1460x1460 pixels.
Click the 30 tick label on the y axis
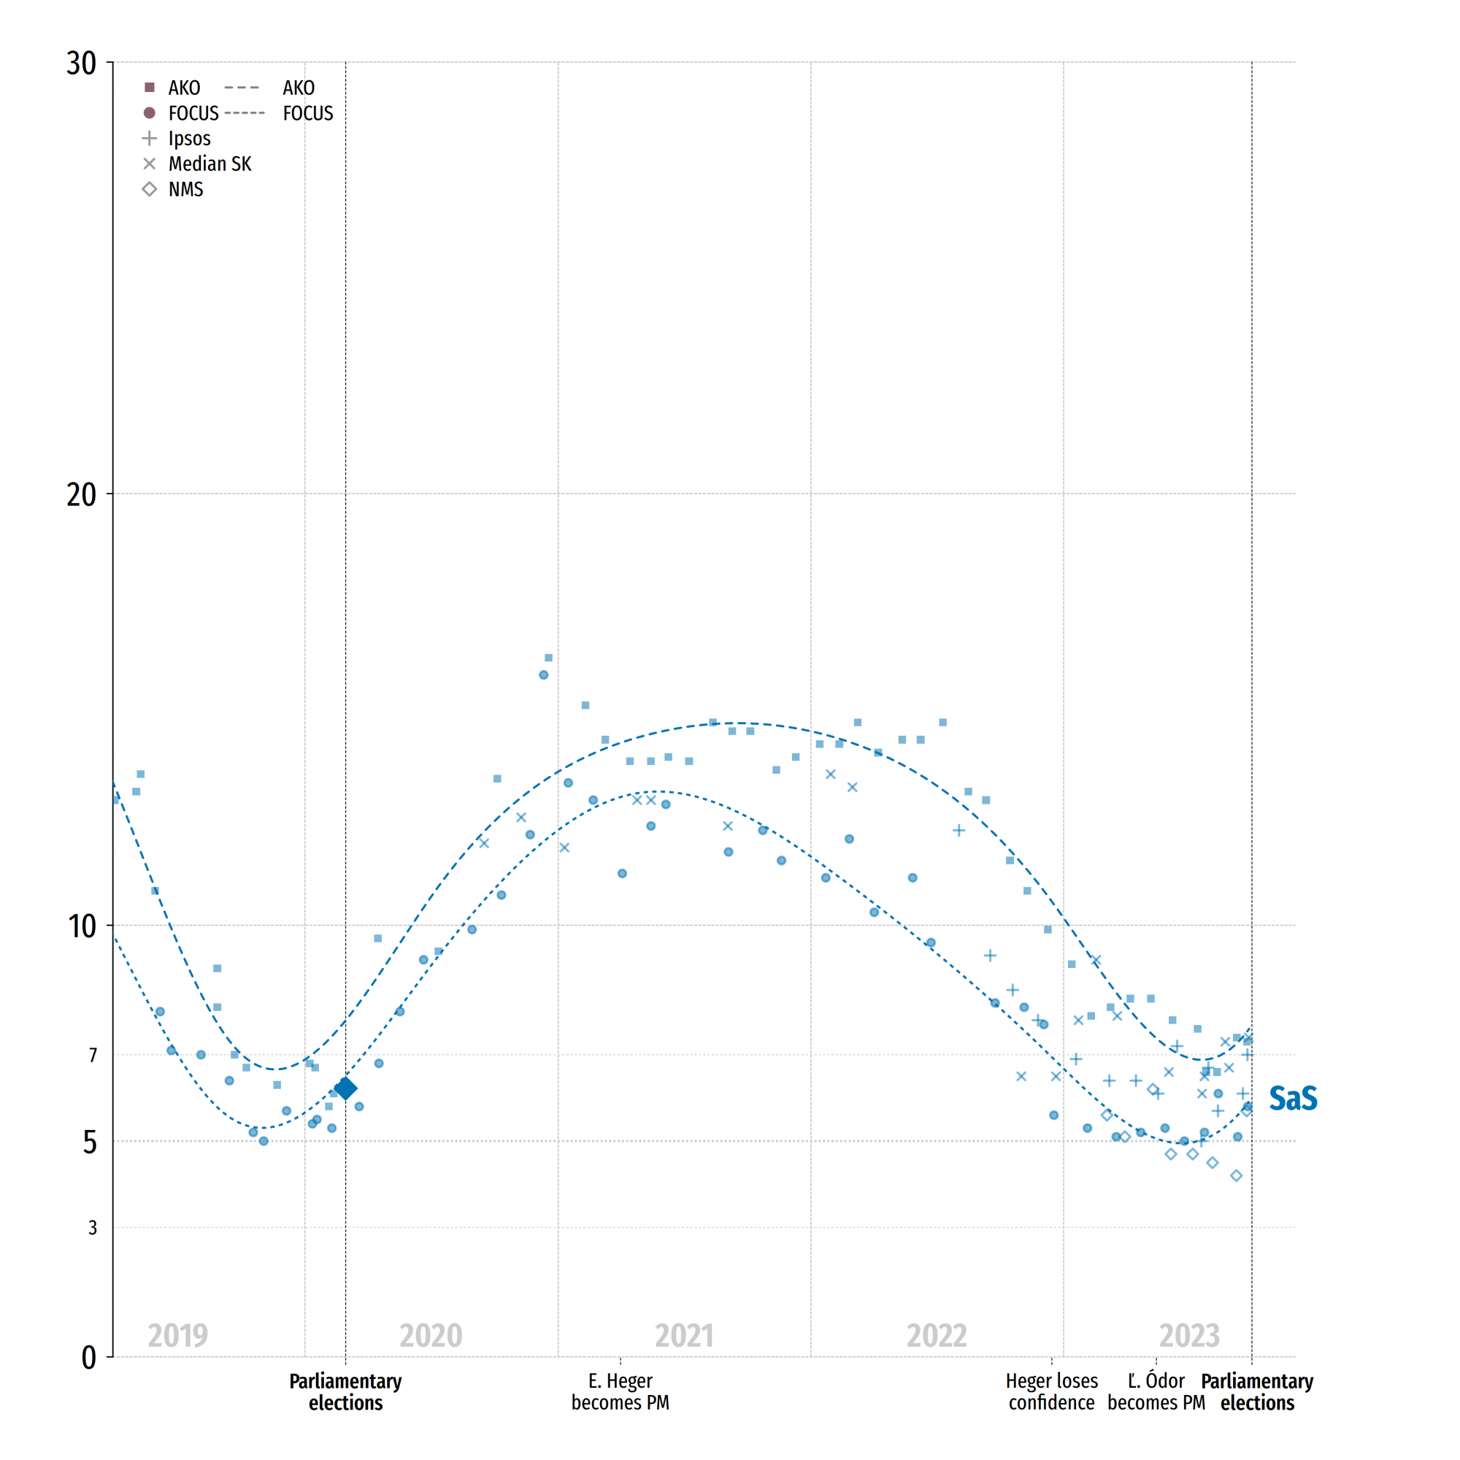pos(82,64)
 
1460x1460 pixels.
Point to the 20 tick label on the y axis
pos(82,495)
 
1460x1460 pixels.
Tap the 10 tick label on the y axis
pos(82,926)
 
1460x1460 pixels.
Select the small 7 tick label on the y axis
pos(93,1055)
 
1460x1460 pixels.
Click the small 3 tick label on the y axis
pos(93,1227)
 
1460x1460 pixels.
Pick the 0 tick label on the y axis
pos(88,1358)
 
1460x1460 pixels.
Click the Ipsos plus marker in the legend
pos(150,138)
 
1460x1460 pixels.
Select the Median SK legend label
pos(210,164)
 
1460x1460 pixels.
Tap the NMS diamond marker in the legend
pos(150,189)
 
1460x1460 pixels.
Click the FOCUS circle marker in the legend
pos(150,113)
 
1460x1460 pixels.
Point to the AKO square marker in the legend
pos(150,88)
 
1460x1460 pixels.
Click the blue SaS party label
pos(1292,1099)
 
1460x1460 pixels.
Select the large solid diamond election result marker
pos(345,1088)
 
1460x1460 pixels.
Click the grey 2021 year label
pos(684,1336)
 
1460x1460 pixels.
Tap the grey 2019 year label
pos(177,1336)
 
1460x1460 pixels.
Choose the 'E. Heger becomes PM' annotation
pos(620,1391)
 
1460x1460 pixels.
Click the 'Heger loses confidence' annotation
pos(1051,1391)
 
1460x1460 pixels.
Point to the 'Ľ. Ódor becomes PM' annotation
pos(1156,1391)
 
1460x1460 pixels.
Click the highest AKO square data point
pos(549,658)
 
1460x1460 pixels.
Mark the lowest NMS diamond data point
pos(1237,1176)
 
